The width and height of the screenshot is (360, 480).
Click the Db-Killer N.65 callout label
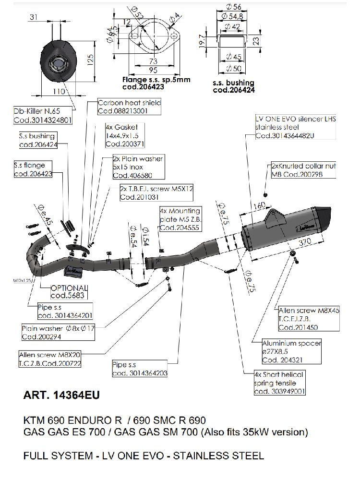43,116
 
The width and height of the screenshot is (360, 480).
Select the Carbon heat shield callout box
129,107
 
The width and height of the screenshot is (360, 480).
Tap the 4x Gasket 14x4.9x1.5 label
124,135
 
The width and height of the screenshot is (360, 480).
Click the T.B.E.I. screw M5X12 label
156,193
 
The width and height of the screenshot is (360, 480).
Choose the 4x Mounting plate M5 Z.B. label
180,219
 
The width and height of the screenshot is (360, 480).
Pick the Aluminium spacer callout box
291,351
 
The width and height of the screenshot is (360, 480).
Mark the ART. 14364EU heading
61,396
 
